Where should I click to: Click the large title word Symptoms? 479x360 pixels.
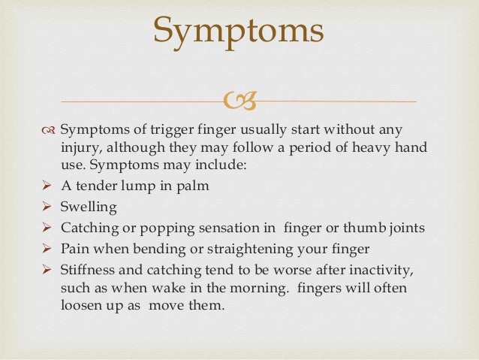click(x=239, y=31)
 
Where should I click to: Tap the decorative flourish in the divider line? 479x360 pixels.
click(x=239, y=100)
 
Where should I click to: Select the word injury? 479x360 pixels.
click(x=77, y=148)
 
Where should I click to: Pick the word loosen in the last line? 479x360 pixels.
click(x=81, y=307)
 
